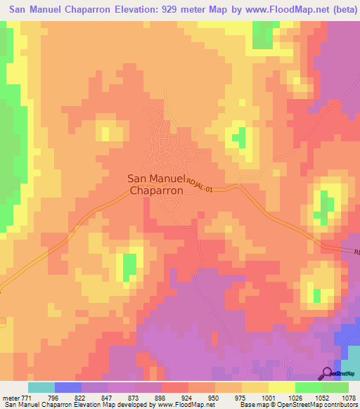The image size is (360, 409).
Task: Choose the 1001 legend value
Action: coord(268,397)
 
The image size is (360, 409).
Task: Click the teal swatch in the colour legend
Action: coord(41,387)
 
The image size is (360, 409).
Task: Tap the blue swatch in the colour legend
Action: coord(68,387)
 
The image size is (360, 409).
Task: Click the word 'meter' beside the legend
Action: coord(10,397)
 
